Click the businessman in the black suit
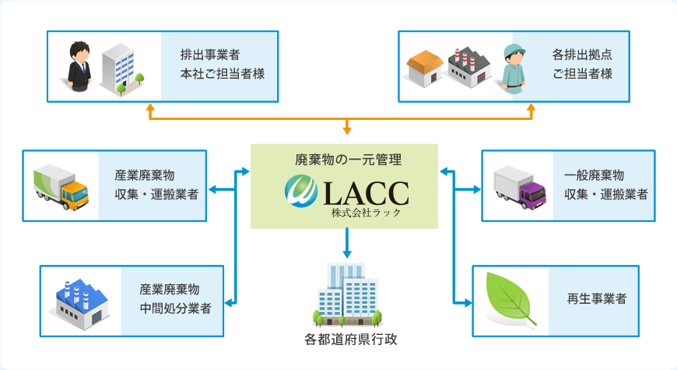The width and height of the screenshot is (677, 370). [x=80, y=68]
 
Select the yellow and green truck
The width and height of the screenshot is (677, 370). [x=61, y=188]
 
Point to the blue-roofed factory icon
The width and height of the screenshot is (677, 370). [x=79, y=300]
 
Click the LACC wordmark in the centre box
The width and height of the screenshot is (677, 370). [x=360, y=192]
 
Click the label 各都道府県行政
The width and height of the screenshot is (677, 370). [x=345, y=340]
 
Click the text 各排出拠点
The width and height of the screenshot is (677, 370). [x=581, y=55]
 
